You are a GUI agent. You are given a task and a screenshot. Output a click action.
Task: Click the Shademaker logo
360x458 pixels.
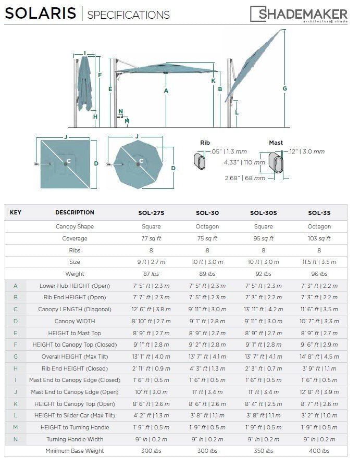pos(299,14)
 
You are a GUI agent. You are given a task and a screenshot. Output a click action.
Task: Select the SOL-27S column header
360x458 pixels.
pos(151,213)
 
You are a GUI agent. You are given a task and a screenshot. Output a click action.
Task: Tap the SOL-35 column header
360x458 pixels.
pos(319,213)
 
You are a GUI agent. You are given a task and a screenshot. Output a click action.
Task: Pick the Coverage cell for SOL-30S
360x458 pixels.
pos(263,238)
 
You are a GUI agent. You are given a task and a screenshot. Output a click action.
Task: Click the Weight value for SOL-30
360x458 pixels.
pos(207,274)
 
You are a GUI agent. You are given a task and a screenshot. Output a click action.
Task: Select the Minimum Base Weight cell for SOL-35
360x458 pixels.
pos(319,451)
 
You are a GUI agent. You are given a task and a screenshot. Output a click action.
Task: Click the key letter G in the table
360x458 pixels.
pos(16,357)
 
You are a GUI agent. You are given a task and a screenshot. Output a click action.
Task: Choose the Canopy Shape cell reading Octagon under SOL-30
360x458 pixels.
pos(207,226)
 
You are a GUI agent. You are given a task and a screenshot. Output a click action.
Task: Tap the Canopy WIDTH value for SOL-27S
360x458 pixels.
pos(151,321)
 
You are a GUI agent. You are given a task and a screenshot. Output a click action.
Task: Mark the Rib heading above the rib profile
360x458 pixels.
pos(205,143)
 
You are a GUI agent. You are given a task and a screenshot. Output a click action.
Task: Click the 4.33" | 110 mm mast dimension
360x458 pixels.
pos(244,162)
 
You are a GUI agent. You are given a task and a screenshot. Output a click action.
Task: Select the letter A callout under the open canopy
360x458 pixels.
pos(166,91)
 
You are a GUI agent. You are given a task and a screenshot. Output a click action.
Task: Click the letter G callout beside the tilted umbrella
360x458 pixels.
pos(285,88)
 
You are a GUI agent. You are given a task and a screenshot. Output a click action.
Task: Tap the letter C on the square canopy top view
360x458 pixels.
pos(68,161)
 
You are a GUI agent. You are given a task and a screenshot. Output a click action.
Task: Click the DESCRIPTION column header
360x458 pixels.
pos(75,213)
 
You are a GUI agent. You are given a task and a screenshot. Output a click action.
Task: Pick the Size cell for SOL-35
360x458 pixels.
pos(319,262)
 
